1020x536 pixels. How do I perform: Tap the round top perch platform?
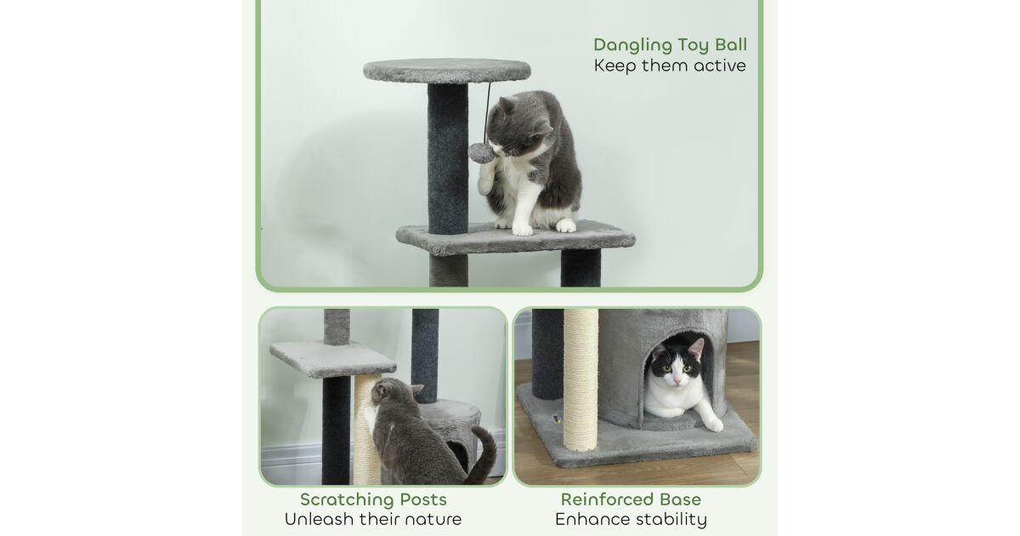[x=447, y=70]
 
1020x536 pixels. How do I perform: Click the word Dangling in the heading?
[x=633, y=45]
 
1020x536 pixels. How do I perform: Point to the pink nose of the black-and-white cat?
[x=677, y=379]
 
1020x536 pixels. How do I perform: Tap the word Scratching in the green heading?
[x=347, y=499]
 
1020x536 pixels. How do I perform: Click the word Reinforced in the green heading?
[x=603, y=499]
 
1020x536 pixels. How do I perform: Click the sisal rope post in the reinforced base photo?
[x=581, y=379]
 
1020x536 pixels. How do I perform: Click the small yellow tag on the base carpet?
[x=557, y=418]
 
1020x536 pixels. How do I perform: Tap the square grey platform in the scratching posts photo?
[x=332, y=359]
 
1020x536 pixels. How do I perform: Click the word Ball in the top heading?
[x=731, y=44]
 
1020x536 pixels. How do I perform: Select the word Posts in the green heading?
[x=423, y=499]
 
